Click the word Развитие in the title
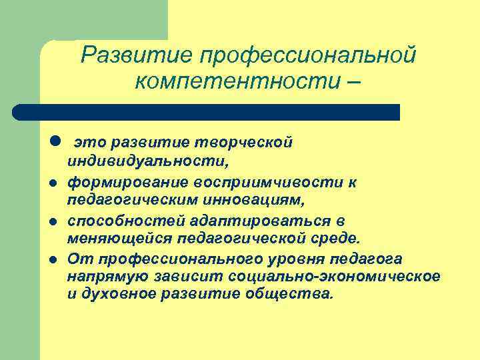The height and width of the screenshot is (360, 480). tap(131, 55)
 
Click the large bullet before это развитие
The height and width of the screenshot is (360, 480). tap(55, 142)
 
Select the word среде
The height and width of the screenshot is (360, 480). tap(338, 238)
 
